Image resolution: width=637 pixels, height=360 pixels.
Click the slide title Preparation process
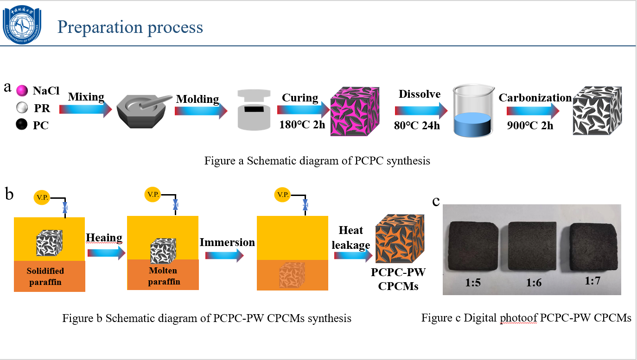pyautogui.click(x=130, y=27)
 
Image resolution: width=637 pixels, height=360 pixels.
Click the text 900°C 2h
pyautogui.click(x=530, y=126)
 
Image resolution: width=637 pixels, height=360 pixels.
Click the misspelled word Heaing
pyautogui.click(x=104, y=238)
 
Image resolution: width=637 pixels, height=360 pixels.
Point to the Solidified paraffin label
pyautogui.click(x=45, y=276)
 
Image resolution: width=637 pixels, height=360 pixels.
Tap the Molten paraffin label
pyautogui.click(x=164, y=276)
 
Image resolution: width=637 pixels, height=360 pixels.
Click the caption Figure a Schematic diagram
pyautogui.click(x=317, y=161)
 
